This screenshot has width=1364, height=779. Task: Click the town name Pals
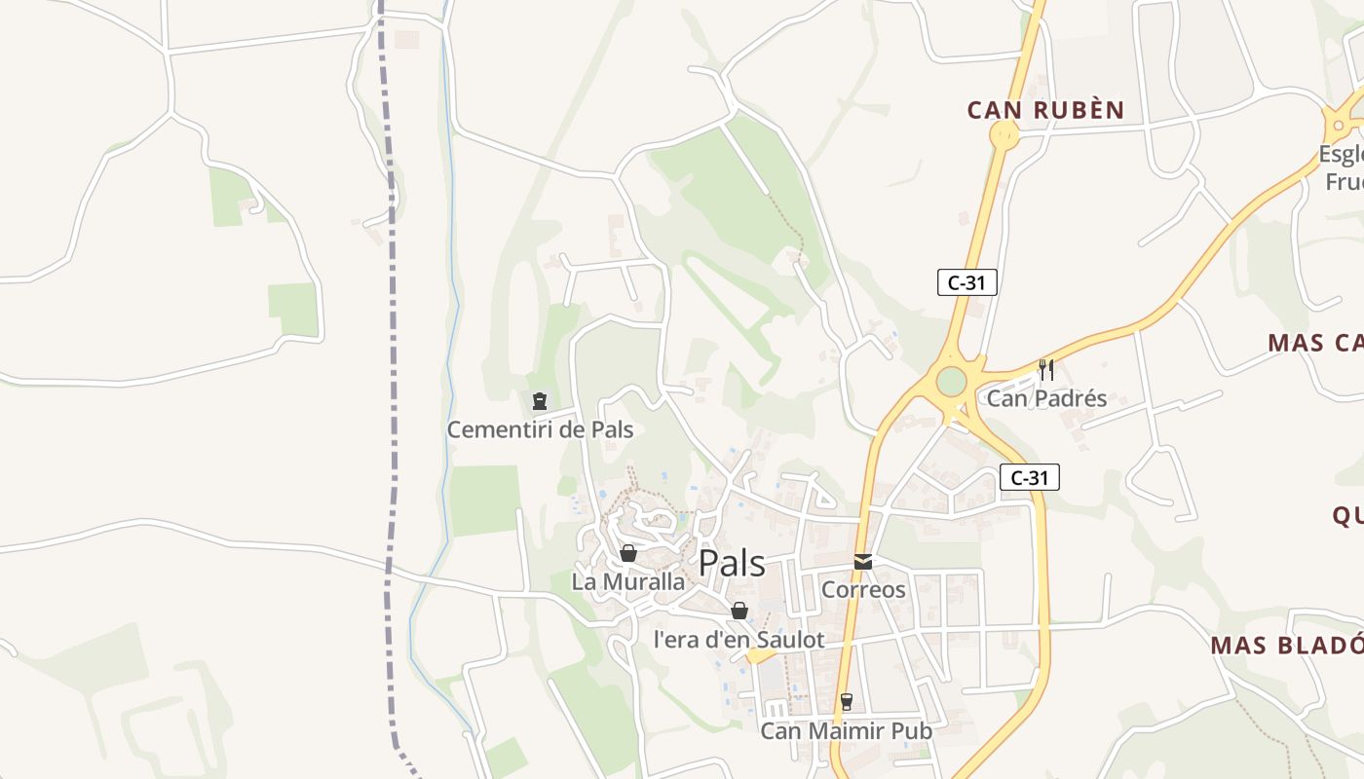(732, 564)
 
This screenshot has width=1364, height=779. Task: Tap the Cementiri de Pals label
(540, 429)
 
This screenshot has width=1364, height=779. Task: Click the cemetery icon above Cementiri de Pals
(539, 400)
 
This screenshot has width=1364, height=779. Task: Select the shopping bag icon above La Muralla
(628, 553)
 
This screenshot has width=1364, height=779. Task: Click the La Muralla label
(628, 582)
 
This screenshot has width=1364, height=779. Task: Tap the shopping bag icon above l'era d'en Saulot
(739, 611)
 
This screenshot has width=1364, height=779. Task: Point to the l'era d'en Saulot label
(739, 640)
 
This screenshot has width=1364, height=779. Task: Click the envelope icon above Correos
(863, 561)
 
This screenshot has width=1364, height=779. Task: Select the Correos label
(863, 589)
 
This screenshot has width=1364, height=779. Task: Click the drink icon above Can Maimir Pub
(846, 701)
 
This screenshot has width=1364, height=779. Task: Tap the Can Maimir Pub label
(846, 730)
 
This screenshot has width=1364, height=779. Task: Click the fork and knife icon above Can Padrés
(1046, 369)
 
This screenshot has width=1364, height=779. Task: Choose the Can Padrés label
(1046, 398)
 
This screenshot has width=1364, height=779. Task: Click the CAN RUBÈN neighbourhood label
(1045, 110)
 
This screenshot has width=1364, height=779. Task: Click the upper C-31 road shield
(966, 282)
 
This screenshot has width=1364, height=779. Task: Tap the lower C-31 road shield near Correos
(1029, 477)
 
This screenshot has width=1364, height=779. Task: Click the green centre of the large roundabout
(951, 381)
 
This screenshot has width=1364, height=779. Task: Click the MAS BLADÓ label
(1286, 646)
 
